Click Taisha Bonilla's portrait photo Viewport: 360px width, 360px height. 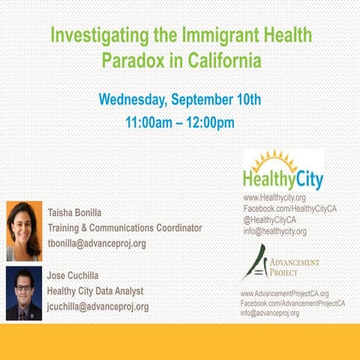24,230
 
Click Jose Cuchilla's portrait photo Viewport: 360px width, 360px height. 24,293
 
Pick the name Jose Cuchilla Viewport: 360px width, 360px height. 79,274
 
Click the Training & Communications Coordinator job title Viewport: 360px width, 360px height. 124,227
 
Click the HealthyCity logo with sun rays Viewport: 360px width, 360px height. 283,171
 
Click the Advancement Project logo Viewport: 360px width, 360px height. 279,263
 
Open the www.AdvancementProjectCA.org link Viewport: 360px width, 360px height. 284,293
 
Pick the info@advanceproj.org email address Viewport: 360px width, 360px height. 270,313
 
